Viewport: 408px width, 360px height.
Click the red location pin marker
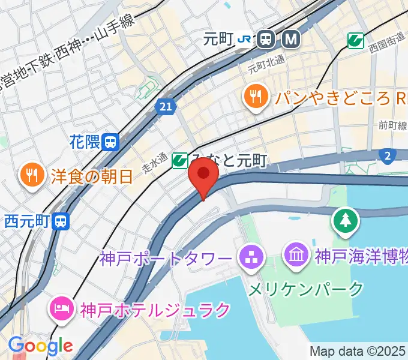coord(203,176)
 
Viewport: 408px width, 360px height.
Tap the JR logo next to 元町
coord(245,40)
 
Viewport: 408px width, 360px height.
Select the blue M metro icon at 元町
coord(290,40)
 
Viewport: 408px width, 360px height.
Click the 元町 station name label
coord(217,40)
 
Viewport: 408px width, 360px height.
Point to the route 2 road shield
coord(388,156)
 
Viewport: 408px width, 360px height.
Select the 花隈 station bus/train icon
coord(110,142)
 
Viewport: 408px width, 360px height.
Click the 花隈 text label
coord(84,142)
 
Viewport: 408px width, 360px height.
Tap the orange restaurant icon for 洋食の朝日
coord(31,176)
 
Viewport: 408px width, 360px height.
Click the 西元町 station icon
coord(61,221)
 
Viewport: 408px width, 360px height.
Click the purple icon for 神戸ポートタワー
coord(248,259)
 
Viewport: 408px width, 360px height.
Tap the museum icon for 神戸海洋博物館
coord(298,256)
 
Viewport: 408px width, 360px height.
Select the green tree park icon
coord(346,221)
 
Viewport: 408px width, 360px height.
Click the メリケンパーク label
coord(306,289)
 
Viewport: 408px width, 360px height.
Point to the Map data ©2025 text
coord(358,351)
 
